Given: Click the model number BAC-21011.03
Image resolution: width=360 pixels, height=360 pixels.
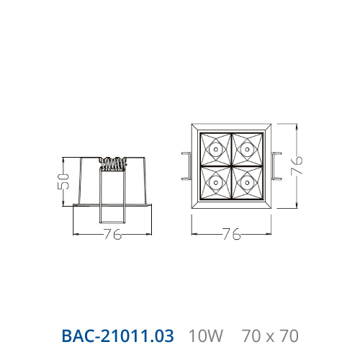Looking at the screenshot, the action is [x=117, y=336].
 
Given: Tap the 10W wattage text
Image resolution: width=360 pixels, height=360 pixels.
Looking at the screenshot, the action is [x=206, y=336].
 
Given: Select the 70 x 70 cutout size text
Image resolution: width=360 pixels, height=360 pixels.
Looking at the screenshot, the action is [x=270, y=336].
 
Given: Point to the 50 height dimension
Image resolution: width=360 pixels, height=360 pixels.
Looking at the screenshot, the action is [x=63, y=181].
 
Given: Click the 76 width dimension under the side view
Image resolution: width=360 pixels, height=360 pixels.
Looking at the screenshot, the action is [x=112, y=234].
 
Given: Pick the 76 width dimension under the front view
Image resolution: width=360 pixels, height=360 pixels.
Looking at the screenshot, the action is [x=231, y=234].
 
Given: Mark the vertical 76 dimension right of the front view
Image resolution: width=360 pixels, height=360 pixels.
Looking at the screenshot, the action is [x=297, y=166].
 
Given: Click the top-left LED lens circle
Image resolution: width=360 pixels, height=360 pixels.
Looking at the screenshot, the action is [x=216, y=150].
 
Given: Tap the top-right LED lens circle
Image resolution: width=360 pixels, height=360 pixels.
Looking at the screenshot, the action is [x=247, y=150].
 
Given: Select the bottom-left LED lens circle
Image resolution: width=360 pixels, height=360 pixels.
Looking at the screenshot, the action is [x=216, y=183].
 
